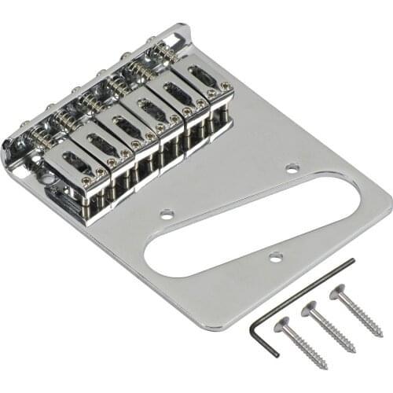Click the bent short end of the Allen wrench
coord(262,329)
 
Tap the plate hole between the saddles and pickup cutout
coord(167,213)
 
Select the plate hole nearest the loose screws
coord(274,257)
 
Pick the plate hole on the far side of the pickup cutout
coord(292,167)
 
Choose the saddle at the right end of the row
coord(207,81)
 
